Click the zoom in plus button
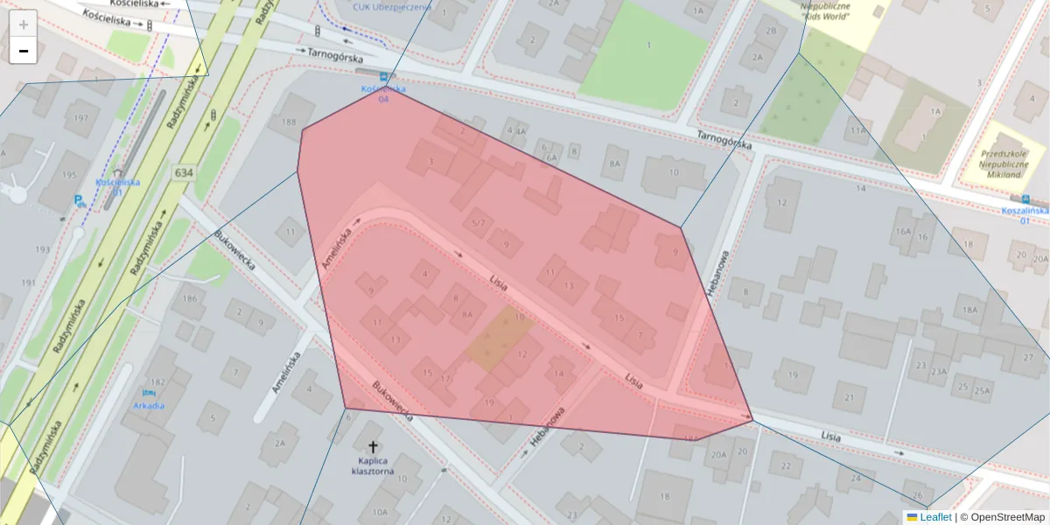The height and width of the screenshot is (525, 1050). pyautogui.click(x=24, y=24)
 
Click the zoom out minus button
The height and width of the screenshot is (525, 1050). pyautogui.click(x=24, y=51)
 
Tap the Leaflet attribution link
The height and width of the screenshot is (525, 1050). pyautogui.click(x=935, y=517)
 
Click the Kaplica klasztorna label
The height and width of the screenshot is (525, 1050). pyautogui.click(x=373, y=466)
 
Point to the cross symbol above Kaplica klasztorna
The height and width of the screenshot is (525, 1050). pyautogui.click(x=374, y=446)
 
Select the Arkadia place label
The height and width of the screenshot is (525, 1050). pyautogui.click(x=149, y=405)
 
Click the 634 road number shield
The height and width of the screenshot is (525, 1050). pyautogui.click(x=183, y=172)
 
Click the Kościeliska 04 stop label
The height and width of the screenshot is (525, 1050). pyautogui.click(x=383, y=94)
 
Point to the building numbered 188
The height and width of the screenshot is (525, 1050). pyautogui.click(x=289, y=122)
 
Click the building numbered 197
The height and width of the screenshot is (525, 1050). pyautogui.click(x=81, y=118)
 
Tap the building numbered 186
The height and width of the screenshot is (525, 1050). pyautogui.click(x=189, y=299)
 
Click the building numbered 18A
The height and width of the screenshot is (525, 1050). pyautogui.click(x=969, y=310)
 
